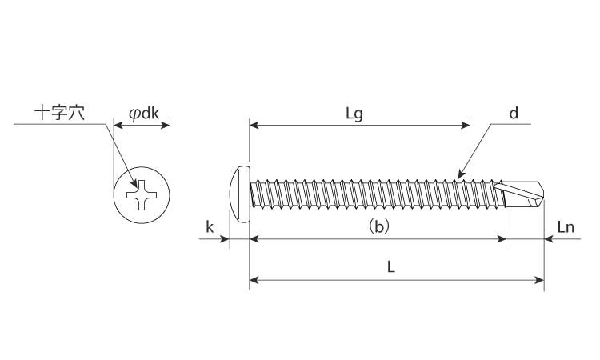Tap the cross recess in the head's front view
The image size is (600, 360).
pyautogui.click(x=142, y=194)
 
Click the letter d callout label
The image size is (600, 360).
pyautogui.click(x=514, y=113)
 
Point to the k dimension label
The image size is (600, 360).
pyautogui.click(x=209, y=226)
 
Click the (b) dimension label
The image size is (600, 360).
pyautogui.click(x=378, y=226)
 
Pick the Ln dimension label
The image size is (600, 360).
pyautogui.click(x=566, y=226)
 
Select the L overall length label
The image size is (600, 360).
pyautogui.click(x=391, y=267)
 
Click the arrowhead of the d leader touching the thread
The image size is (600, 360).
pyautogui.click(x=458, y=176)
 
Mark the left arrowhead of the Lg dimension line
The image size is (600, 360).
pyautogui.click(x=254, y=125)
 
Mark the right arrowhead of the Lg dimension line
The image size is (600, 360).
pyautogui.click(x=466, y=125)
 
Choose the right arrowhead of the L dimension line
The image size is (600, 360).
pyautogui.click(x=540, y=280)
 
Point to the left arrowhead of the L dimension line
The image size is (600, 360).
pyautogui.click(x=254, y=280)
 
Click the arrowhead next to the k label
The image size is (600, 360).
pyautogui.click(x=226, y=238)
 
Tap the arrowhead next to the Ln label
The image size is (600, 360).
pyautogui.click(x=549, y=238)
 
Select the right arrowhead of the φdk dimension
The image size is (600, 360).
pyautogui.click(x=166, y=125)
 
